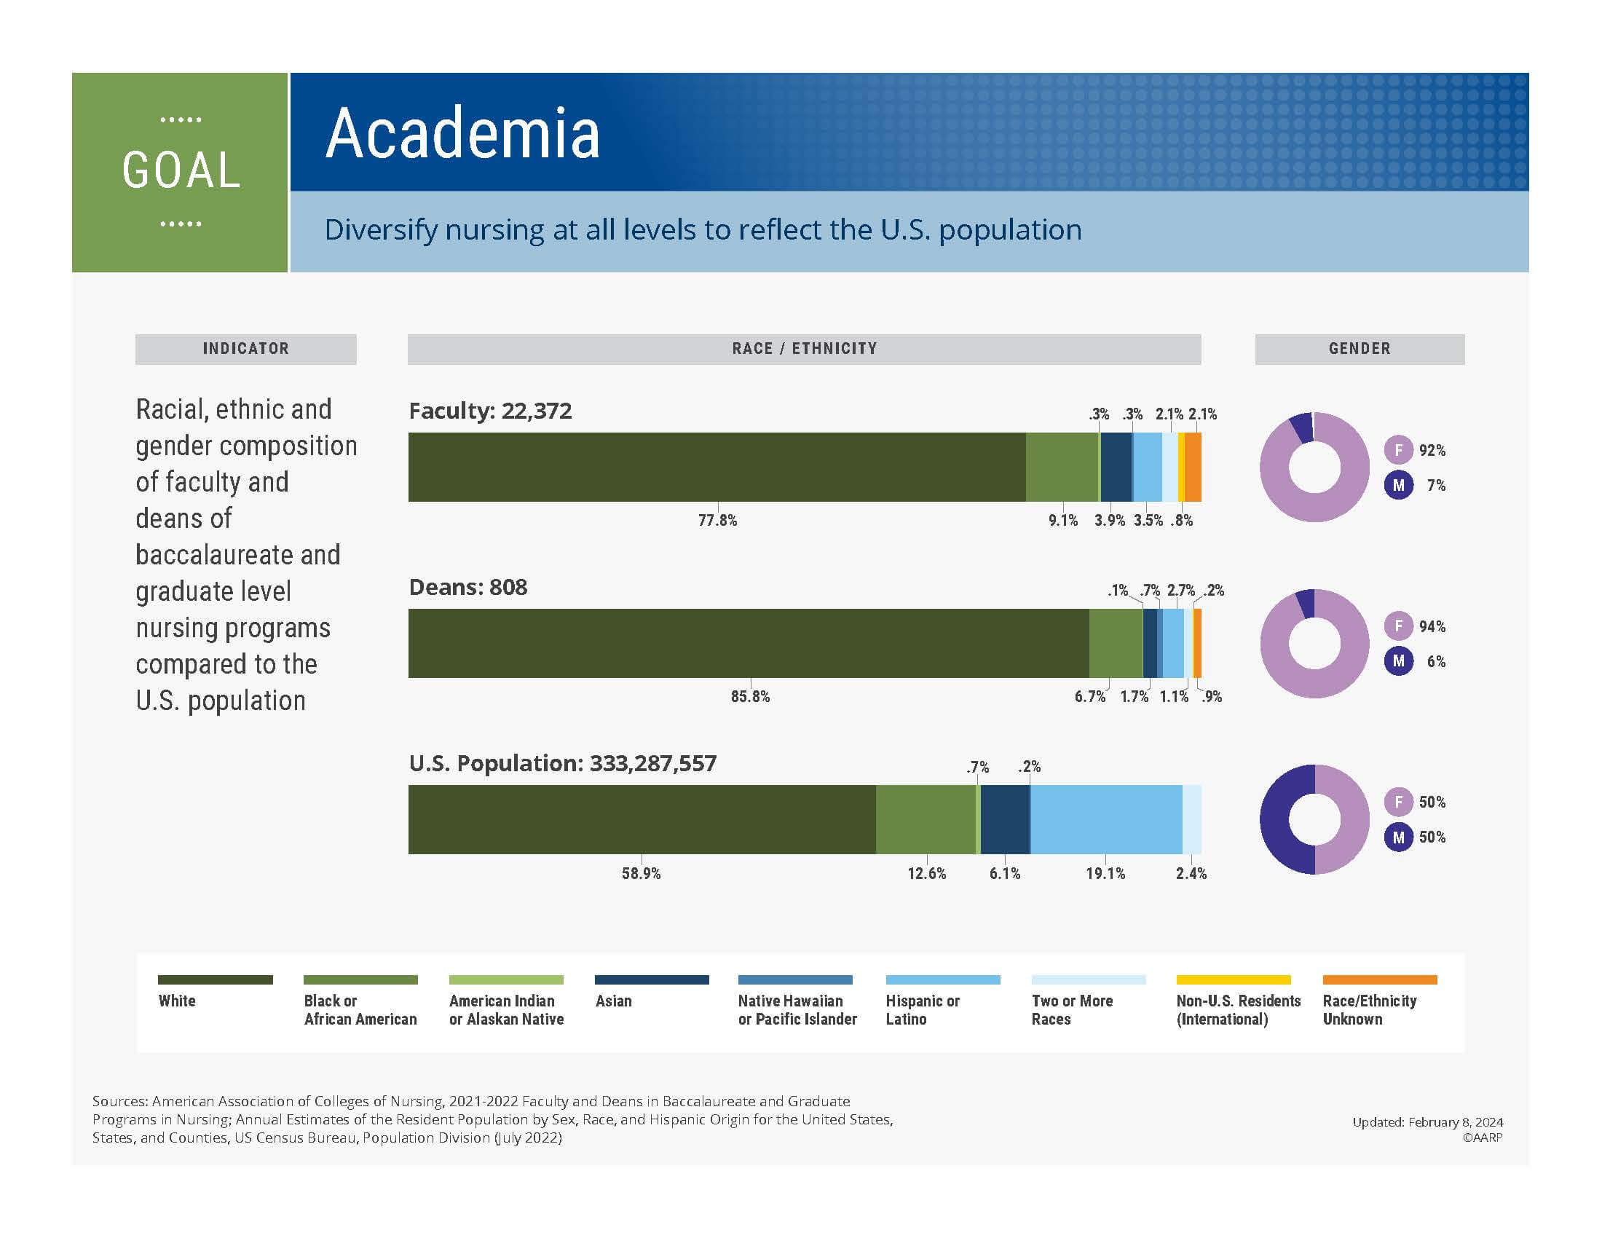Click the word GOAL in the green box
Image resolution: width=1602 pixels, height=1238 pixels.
181,171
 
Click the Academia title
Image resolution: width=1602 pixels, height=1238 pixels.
462,133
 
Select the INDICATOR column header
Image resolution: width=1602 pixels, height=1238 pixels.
245,349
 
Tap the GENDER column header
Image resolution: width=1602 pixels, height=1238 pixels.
1360,349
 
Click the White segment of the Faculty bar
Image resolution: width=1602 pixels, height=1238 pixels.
716,468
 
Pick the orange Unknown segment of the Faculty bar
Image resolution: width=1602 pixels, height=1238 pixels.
1193,468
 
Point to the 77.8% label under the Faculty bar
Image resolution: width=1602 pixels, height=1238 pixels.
717,521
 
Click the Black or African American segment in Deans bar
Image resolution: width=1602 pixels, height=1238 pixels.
1116,643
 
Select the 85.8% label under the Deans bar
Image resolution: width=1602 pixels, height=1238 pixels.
749,697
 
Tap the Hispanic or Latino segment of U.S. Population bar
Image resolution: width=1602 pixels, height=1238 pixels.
1106,819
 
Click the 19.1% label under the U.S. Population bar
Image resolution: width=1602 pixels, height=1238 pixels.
1105,873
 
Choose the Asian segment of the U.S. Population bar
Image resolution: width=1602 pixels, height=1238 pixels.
1005,819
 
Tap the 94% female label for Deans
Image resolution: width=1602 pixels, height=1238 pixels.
1432,626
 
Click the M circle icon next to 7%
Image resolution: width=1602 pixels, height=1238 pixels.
1398,486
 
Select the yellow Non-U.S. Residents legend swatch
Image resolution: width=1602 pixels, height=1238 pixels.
1233,979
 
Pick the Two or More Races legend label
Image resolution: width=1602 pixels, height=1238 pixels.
1072,1010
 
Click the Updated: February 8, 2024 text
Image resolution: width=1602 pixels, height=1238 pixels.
1427,1122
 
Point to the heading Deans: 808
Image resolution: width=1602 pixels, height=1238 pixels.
468,588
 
